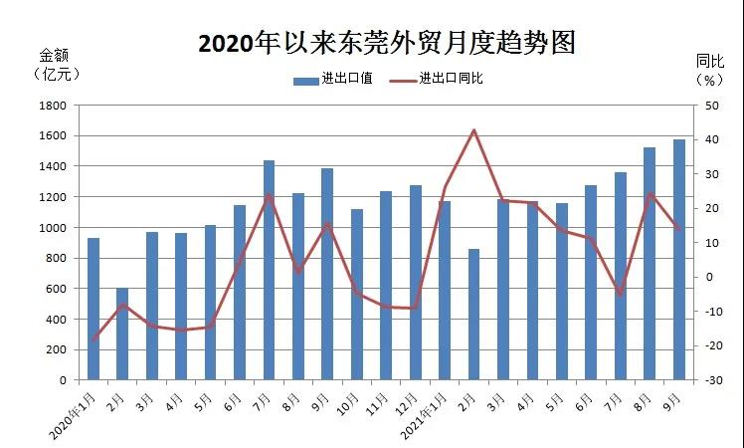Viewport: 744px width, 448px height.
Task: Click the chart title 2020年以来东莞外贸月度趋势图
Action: pyautogui.click(x=387, y=43)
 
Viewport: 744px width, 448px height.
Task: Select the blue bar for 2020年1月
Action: pyautogui.click(x=93, y=309)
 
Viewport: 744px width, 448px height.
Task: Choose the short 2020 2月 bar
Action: pyautogui.click(x=122, y=334)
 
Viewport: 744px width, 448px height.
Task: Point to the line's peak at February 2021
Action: pyautogui.click(x=473, y=130)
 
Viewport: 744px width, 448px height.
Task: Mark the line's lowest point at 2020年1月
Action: pyautogui.click(x=93, y=340)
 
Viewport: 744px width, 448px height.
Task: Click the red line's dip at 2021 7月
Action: pyautogui.click(x=620, y=295)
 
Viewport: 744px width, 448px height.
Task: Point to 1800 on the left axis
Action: pyautogui.click(x=52, y=105)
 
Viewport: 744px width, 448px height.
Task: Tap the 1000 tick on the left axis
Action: pyautogui.click(x=52, y=227)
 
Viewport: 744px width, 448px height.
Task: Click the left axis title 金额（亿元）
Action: pyautogui.click(x=56, y=64)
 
